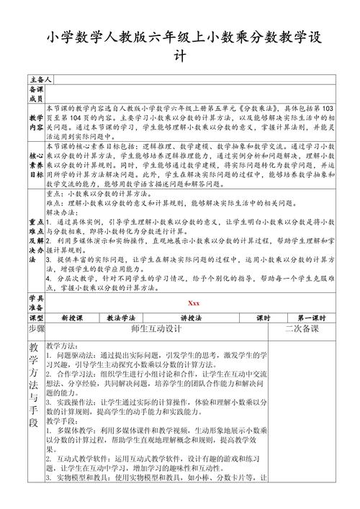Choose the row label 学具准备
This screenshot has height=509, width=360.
point(36,302)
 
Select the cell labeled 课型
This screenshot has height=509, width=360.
point(36,317)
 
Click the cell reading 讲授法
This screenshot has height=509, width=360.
point(190,317)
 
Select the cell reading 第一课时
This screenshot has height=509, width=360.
point(311,317)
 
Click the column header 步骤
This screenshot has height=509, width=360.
point(36,328)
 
